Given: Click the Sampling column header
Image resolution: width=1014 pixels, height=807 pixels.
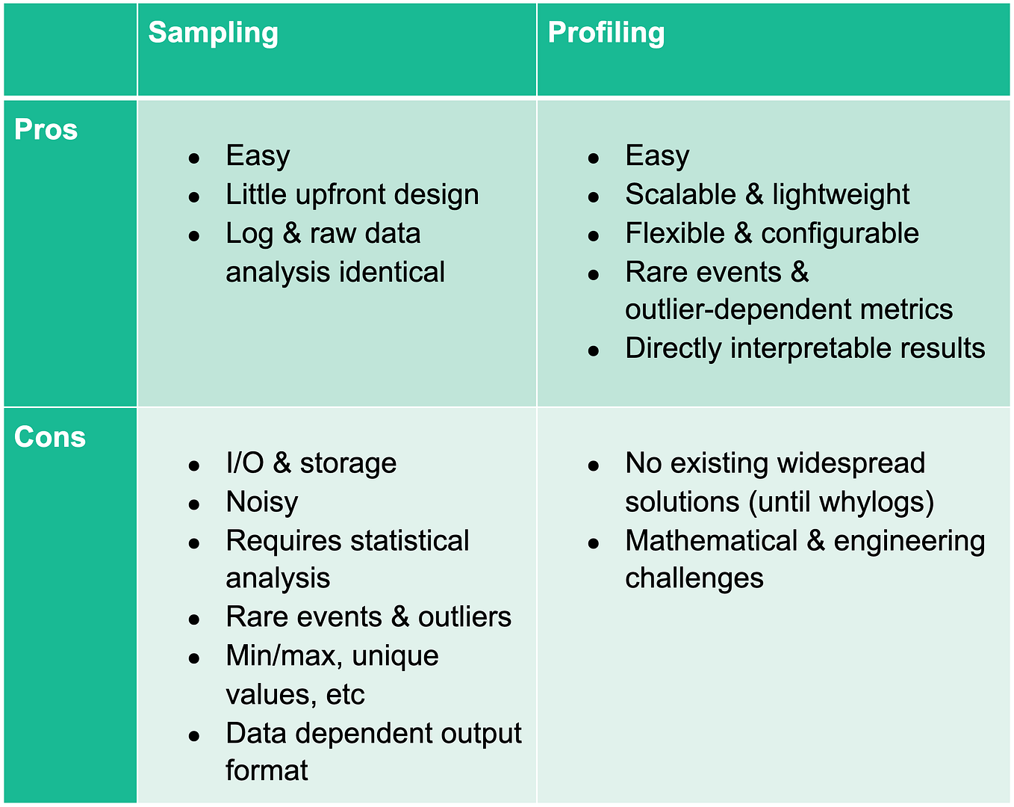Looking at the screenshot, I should [x=213, y=33].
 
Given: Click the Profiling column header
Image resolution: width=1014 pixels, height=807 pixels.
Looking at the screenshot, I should [x=606, y=33].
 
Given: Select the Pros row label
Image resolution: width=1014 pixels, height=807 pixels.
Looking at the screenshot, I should [x=46, y=130].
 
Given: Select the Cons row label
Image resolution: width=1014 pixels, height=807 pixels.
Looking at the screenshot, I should [x=49, y=437].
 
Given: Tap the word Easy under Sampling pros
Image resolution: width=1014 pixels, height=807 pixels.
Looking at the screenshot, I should [x=258, y=156].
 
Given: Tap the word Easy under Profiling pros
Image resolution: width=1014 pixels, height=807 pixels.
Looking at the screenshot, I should [x=657, y=156].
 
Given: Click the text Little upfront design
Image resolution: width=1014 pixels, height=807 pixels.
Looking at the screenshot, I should [x=352, y=195].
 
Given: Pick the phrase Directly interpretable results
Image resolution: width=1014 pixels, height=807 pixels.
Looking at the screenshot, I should [x=805, y=349].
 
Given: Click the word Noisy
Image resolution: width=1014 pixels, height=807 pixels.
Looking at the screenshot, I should [x=261, y=502].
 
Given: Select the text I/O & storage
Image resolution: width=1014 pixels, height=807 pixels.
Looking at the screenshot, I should [x=311, y=463].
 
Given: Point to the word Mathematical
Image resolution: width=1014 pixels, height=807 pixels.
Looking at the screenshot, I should [x=711, y=541].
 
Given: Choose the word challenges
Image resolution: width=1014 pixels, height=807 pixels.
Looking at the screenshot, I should [x=694, y=579].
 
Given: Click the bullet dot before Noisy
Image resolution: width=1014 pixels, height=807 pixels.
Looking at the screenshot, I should [x=194, y=504].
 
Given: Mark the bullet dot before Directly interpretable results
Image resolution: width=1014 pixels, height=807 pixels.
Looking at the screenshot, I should [x=594, y=350].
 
